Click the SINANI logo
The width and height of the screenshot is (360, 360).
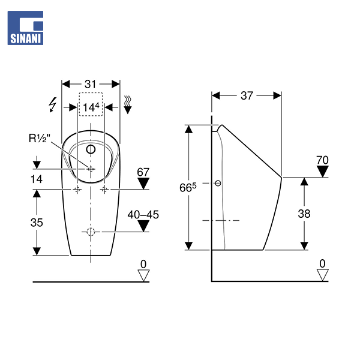tap(26, 28)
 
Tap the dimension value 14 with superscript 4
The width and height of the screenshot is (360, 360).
tap(92, 107)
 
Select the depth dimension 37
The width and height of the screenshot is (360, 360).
tap(247, 95)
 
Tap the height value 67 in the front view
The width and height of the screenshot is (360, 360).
tap(142, 172)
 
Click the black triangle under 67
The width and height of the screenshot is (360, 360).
tap(142, 184)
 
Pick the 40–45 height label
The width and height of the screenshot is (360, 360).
tap(142, 214)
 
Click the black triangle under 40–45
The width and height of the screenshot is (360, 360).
tap(142, 226)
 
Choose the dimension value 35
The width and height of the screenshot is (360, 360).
tap(37, 222)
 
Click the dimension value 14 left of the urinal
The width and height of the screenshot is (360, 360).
tap(37, 178)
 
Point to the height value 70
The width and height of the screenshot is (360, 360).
tap(323, 160)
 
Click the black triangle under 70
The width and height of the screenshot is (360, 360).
tap(323, 172)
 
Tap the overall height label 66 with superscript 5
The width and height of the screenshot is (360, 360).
tap(187, 187)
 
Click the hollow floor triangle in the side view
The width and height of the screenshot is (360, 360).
tap(323, 275)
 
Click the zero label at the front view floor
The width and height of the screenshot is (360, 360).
tap(143, 264)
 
